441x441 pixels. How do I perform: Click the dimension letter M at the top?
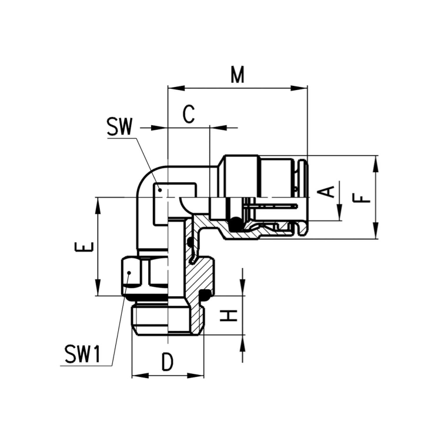237,75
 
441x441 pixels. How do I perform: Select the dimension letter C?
188,115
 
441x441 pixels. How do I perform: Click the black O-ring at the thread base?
205,295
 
